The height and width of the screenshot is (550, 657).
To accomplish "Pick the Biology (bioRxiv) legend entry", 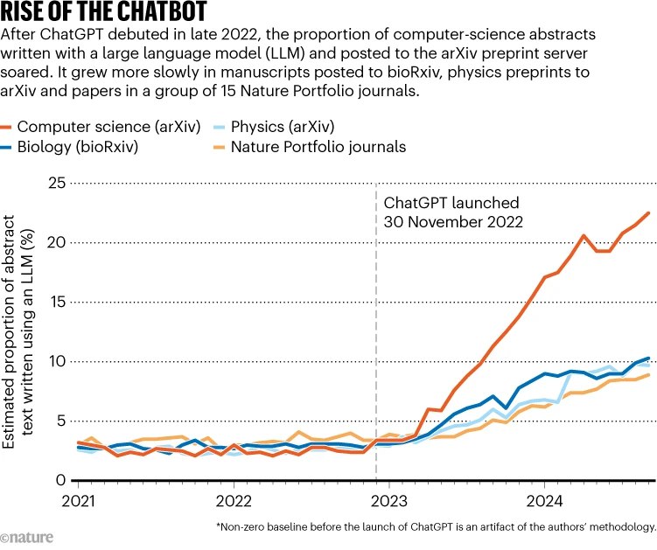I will pos(84,147).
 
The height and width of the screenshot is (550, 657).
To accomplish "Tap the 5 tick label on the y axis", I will pos(61,421).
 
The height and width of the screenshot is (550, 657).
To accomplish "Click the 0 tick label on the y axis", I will pos(61,480).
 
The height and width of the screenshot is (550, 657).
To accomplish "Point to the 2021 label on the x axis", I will pos(79,501).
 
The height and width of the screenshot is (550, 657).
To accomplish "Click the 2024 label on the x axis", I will pos(544,501).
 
